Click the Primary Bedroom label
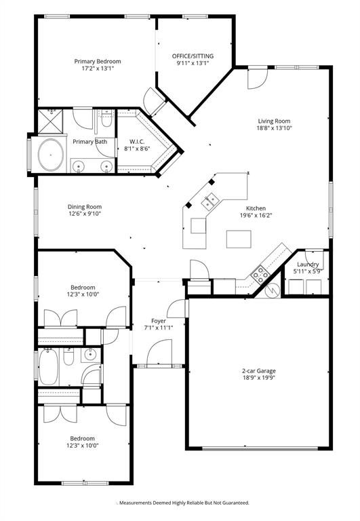coord(94,61)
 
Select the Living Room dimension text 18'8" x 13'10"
coord(274,128)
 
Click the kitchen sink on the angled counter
coord(209,199)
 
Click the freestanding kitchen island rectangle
coord(237,239)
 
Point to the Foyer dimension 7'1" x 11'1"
coord(158,328)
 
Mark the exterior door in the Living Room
coord(256,79)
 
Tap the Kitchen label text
coord(256,208)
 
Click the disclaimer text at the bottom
coord(183,503)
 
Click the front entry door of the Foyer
coord(153,353)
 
